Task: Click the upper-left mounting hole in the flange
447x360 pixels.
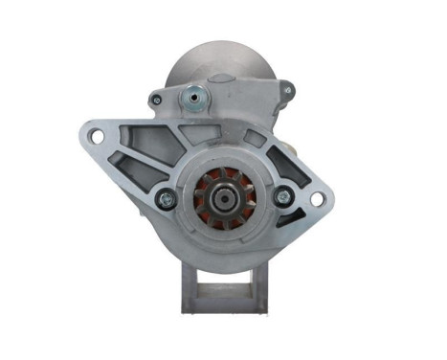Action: pyautogui.click(x=97, y=138)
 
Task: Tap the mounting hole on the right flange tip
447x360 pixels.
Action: pyautogui.click(x=317, y=199)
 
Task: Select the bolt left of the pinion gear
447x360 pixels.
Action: pyautogui.click(x=165, y=199)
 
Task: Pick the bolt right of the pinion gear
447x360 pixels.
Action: pyautogui.click(x=281, y=196)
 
